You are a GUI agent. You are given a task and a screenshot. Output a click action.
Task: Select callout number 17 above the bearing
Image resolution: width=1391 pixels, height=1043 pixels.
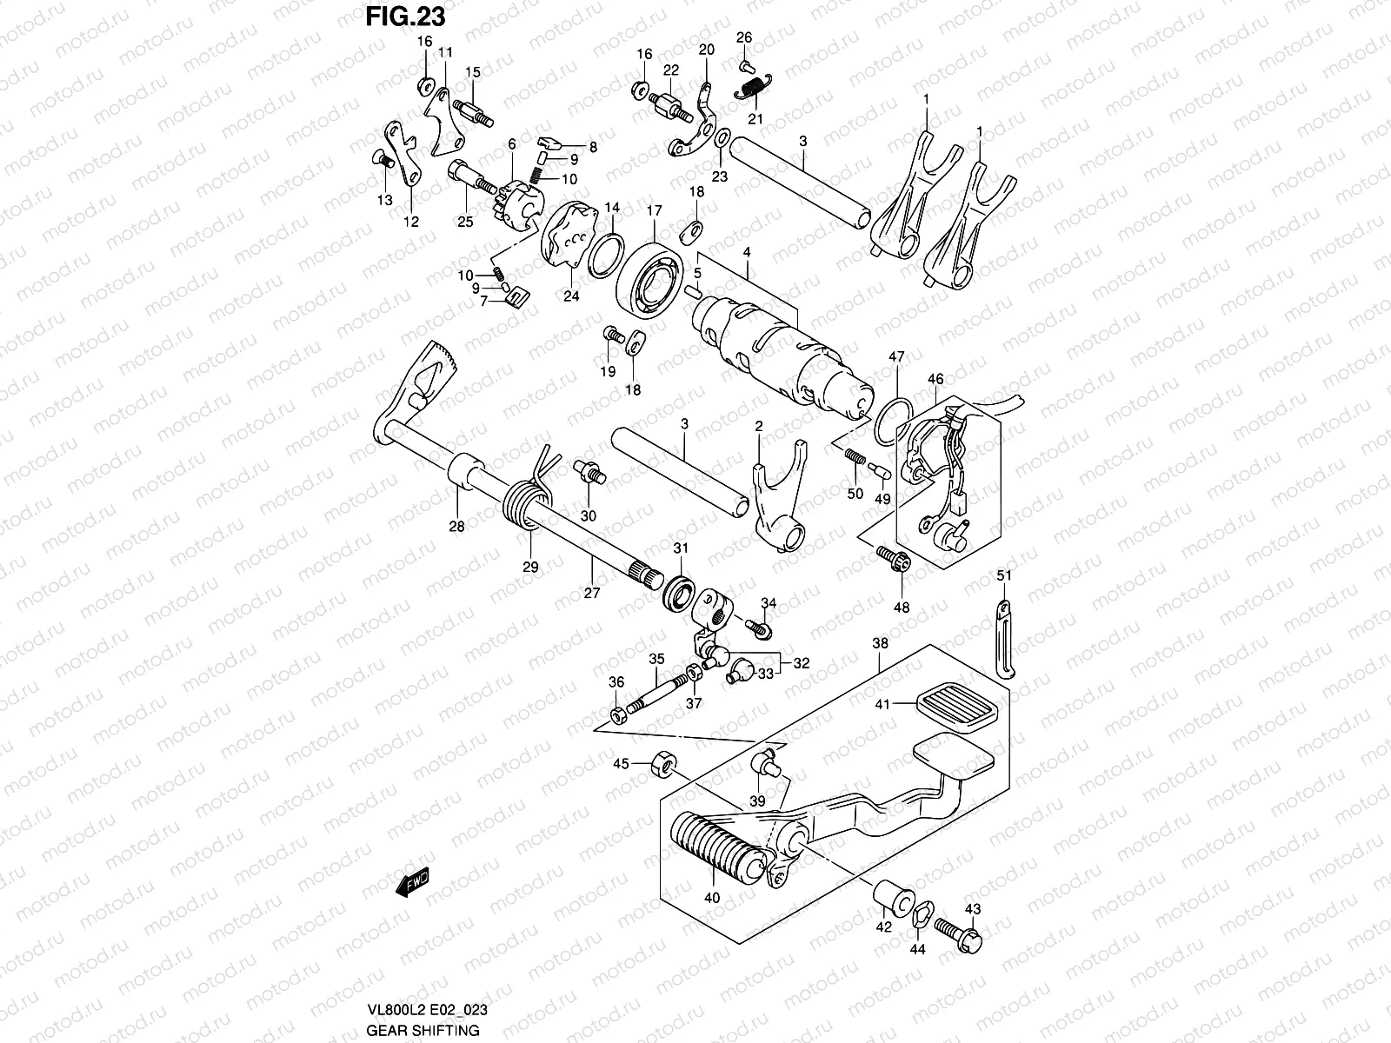[653, 211]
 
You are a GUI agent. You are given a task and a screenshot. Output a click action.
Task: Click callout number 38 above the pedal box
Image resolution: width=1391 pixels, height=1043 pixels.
[880, 644]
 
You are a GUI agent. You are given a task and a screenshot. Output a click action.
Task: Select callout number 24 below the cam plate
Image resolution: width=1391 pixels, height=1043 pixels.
[571, 296]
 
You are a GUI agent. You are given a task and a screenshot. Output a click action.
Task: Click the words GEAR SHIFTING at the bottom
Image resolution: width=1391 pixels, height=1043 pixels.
[422, 1030]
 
